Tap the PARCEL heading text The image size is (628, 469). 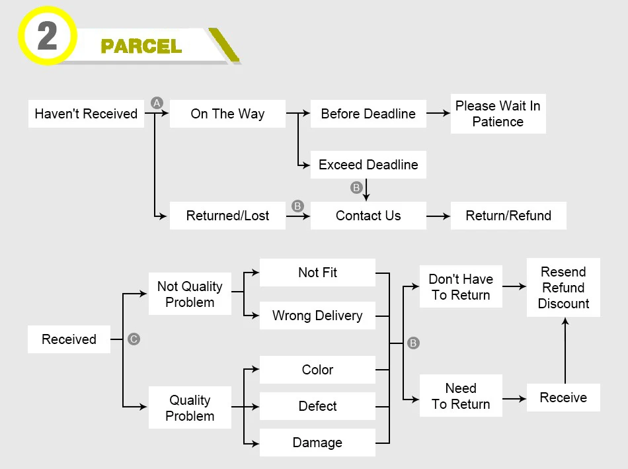[x=141, y=46]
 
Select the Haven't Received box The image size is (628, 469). [x=86, y=114]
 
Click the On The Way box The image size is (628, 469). [x=227, y=114]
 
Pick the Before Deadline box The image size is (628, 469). [x=368, y=114]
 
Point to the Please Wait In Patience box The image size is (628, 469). [x=498, y=114]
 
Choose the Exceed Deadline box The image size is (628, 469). [x=368, y=165]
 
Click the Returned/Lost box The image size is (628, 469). [x=227, y=216]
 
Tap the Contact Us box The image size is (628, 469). [x=368, y=216]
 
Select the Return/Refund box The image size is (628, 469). [x=508, y=216]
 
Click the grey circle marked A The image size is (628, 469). [x=157, y=103]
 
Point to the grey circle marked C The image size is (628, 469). [x=134, y=339]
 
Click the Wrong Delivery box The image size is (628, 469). [x=317, y=316]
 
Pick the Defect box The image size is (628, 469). [x=317, y=406]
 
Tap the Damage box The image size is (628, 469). [x=317, y=443]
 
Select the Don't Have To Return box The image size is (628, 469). [x=461, y=287]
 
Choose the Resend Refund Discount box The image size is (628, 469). [x=563, y=288]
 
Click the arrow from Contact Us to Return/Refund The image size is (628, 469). [x=438, y=216]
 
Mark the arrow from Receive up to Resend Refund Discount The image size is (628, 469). [x=565, y=351]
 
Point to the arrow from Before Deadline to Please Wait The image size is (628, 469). [x=438, y=114]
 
